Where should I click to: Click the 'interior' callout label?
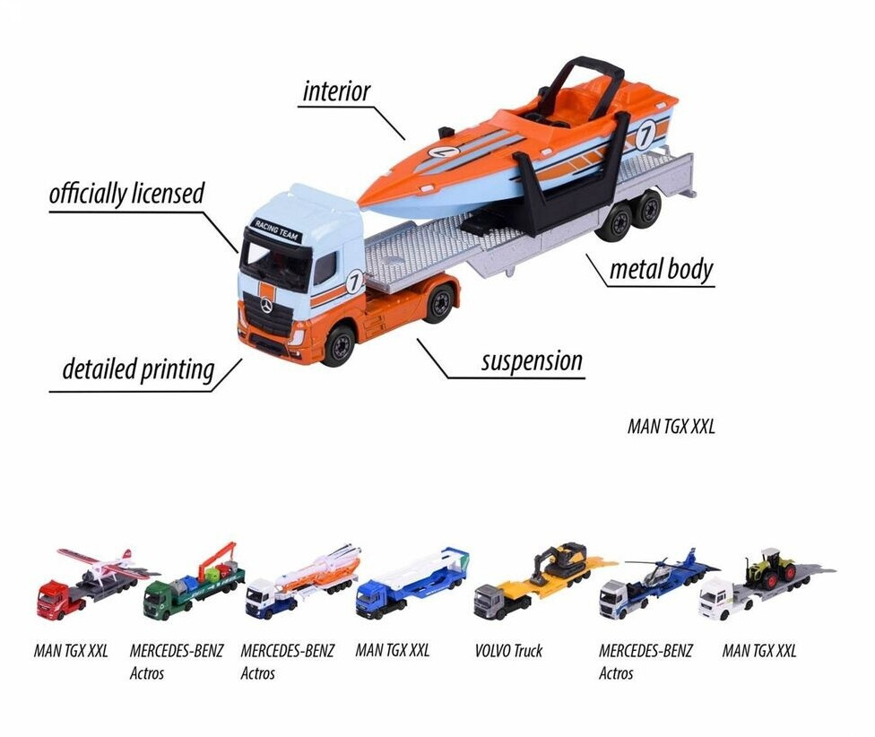pyautogui.click(x=336, y=91)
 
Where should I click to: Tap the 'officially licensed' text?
pyautogui.click(x=126, y=194)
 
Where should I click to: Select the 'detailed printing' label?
pyautogui.click(x=138, y=368)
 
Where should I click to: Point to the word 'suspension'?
pyautogui.click(x=532, y=361)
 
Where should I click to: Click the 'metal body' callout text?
pyautogui.click(x=661, y=268)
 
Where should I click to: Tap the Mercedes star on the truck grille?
pyautogui.click(x=266, y=307)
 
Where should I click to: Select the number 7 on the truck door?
pyautogui.click(x=354, y=281)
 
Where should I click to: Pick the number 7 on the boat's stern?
pyautogui.click(x=645, y=135)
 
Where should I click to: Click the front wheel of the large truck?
pyautogui.click(x=339, y=346)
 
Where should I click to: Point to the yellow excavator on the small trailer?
pyautogui.click(x=562, y=561)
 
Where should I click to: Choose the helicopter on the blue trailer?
pyautogui.click(x=658, y=568)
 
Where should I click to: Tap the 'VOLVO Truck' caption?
pyautogui.click(x=508, y=651)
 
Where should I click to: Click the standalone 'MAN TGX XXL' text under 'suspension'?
pyautogui.click(x=671, y=427)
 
